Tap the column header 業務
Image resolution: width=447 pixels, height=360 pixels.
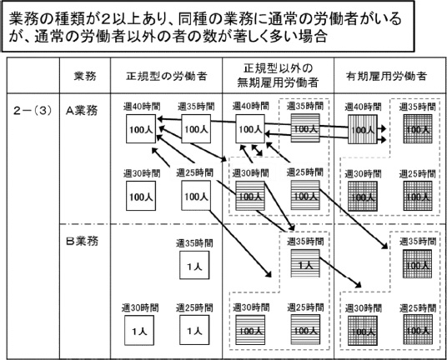point(85,76)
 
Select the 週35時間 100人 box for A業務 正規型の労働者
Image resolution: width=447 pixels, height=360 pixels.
point(194,129)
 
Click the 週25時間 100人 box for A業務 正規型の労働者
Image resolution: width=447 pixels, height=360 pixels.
point(194,197)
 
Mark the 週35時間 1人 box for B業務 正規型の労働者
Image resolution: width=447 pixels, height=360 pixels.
point(194,267)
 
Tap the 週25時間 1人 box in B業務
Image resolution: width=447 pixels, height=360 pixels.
point(194,331)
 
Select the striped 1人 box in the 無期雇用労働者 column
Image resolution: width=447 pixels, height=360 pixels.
point(305,265)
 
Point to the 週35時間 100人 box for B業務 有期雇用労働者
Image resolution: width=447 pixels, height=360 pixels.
point(416,267)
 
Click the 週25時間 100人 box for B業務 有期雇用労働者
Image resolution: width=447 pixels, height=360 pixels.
point(416,331)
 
